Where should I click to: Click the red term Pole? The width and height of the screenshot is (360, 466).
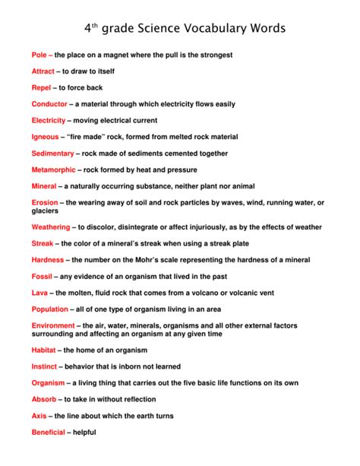coord(39,55)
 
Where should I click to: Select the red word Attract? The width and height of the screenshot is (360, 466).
coord(43,71)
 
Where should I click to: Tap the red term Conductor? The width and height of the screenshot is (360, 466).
coord(49,104)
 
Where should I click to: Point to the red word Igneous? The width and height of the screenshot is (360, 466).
coord(45,137)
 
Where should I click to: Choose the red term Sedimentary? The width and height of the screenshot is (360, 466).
coord(52,153)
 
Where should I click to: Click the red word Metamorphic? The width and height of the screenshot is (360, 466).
coord(53,170)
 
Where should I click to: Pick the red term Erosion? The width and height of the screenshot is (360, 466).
coord(44,202)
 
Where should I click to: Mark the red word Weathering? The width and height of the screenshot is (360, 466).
coord(51,227)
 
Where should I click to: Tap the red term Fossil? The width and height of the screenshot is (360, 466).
coord(43,276)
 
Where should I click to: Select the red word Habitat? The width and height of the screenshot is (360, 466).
coord(44,350)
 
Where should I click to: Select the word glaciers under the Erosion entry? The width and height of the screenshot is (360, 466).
coord(45,211)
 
